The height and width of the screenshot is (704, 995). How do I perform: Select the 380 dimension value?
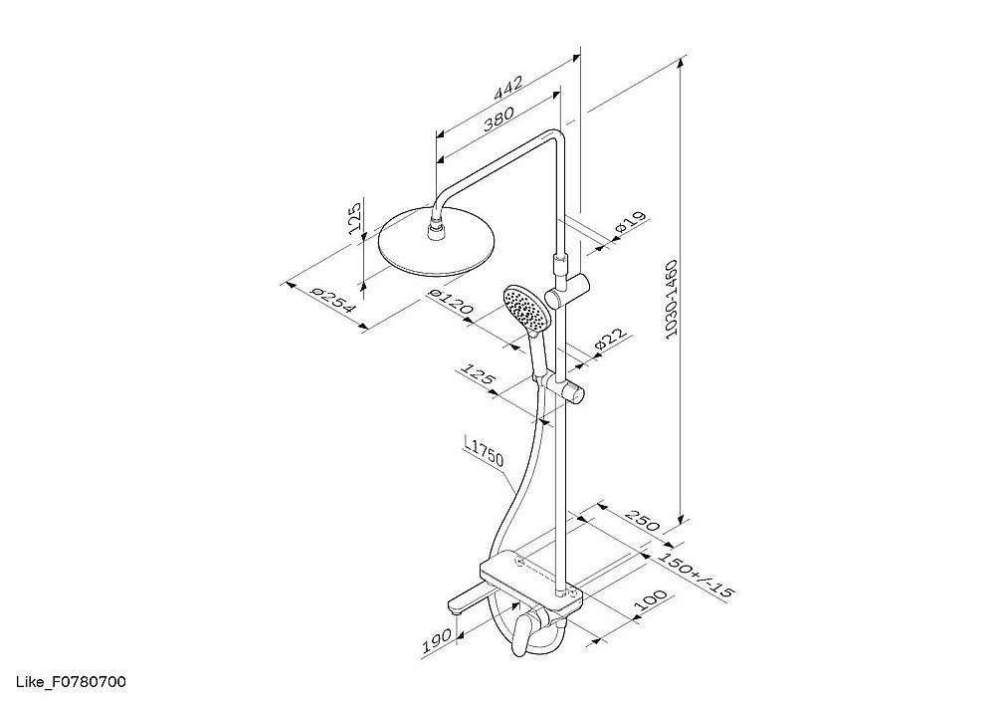click(x=498, y=118)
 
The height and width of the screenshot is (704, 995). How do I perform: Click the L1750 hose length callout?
click(x=484, y=451)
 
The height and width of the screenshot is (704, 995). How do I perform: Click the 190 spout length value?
click(x=437, y=641)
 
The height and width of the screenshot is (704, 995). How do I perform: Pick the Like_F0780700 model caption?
click(x=71, y=682)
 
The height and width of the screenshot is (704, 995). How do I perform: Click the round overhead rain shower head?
click(x=436, y=242)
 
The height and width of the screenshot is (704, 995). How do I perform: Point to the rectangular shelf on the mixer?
click(x=530, y=579)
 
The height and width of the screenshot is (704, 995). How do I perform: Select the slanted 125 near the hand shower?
click(x=478, y=374)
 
